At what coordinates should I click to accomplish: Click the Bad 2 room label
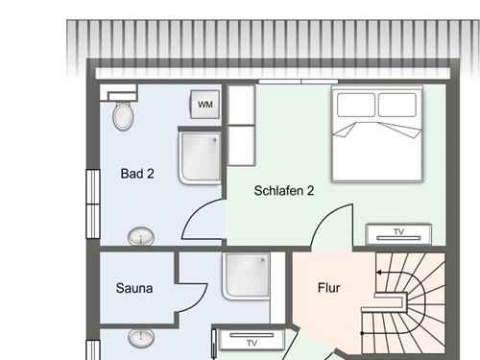(137, 174)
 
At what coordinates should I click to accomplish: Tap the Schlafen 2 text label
(284, 190)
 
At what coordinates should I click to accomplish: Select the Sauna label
(134, 287)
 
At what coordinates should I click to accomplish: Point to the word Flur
(329, 287)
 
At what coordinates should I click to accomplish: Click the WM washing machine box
(205, 104)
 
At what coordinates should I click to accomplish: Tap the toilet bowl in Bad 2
(123, 117)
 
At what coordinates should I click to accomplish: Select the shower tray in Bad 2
(201, 157)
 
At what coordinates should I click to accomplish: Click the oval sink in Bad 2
(142, 235)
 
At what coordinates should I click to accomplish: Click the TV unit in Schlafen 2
(398, 233)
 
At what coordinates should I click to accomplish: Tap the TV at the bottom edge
(252, 342)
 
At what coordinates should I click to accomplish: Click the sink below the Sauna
(142, 338)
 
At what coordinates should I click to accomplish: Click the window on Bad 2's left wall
(92, 197)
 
